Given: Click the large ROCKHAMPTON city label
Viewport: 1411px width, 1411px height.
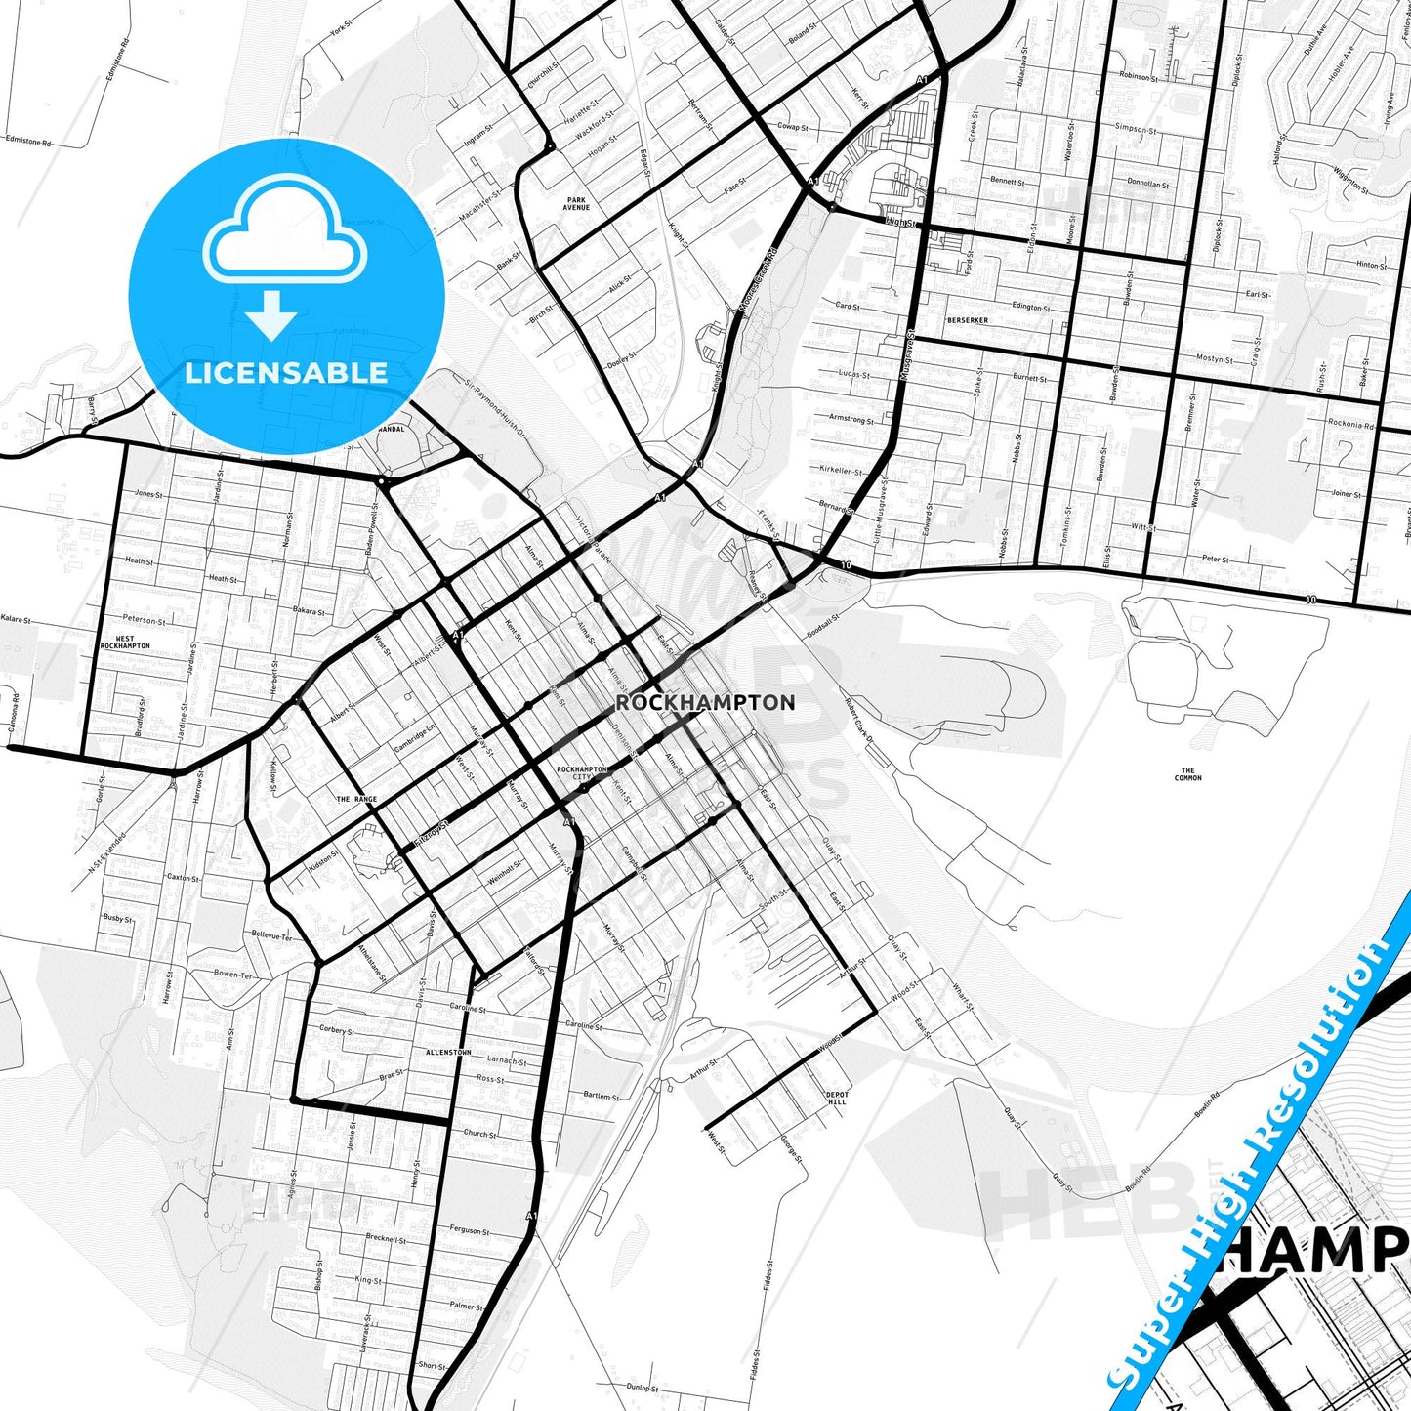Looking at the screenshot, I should pyautogui.click(x=705, y=702).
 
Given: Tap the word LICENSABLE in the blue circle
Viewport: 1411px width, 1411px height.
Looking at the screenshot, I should pyautogui.click(x=286, y=373).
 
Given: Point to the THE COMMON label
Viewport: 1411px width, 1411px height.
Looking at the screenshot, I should pyautogui.click(x=1187, y=774).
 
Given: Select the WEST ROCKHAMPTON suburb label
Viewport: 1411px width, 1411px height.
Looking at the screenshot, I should pyautogui.click(x=125, y=643).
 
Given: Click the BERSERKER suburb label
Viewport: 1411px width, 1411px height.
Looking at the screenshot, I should pyautogui.click(x=967, y=320).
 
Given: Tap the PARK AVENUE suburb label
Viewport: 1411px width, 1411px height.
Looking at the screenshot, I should pyautogui.click(x=576, y=204).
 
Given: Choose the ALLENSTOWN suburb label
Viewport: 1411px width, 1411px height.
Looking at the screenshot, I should pyautogui.click(x=448, y=1052).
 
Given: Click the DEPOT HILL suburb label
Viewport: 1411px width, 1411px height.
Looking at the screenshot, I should pyautogui.click(x=837, y=1098).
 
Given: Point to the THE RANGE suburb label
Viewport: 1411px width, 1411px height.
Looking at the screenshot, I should pyautogui.click(x=356, y=799).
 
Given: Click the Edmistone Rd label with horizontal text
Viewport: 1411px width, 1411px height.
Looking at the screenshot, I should pyautogui.click(x=27, y=141).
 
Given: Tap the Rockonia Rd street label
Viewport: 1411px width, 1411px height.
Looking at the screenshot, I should pyautogui.click(x=1350, y=424).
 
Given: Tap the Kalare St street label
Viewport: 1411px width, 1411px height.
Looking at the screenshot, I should pyautogui.click(x=16, y=619).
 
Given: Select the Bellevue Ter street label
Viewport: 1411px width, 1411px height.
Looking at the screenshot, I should pyautogui.click(x=271, y=935).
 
